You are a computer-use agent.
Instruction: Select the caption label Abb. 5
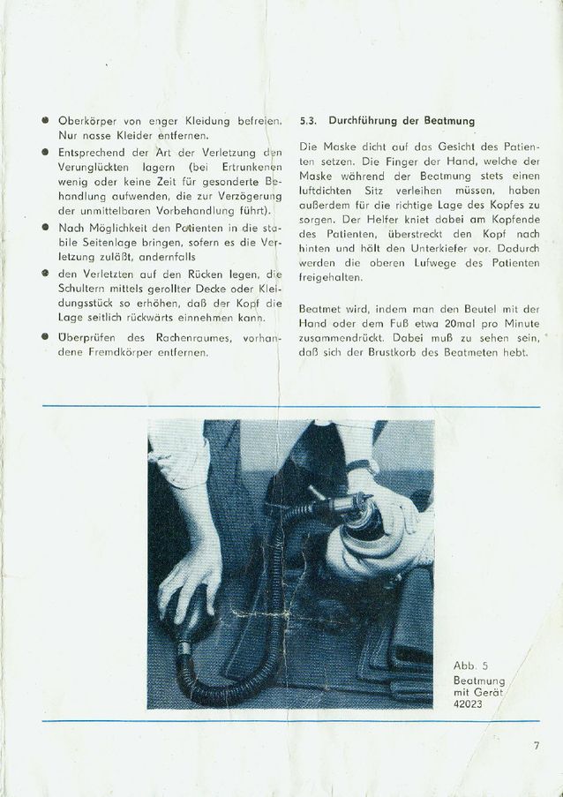(x=465, y=665)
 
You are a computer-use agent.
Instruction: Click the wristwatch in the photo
(x=371, y=464)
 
